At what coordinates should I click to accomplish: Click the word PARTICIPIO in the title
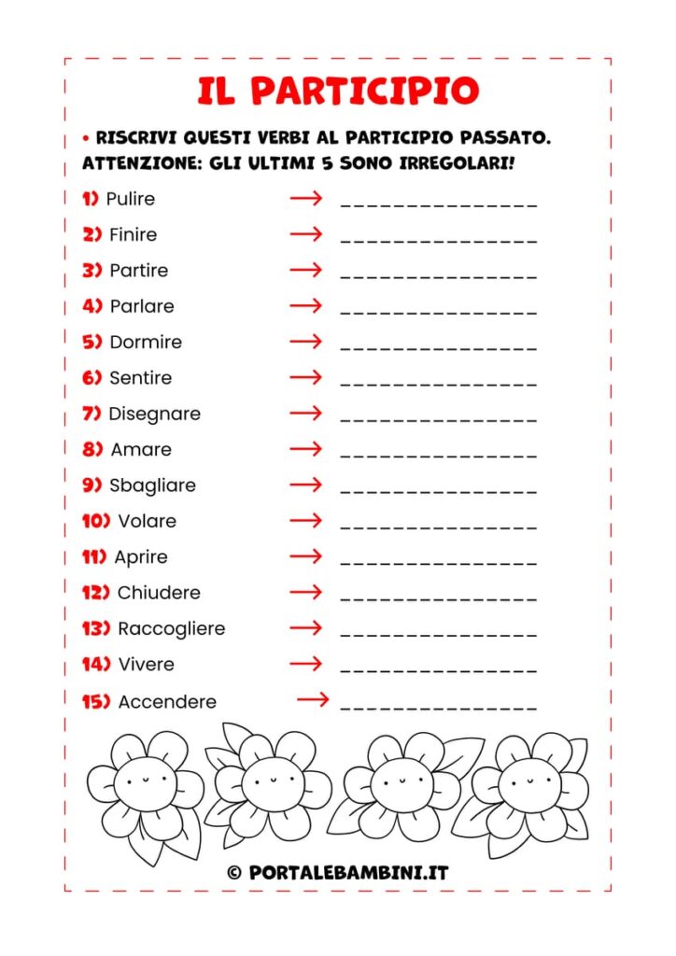(x=365, y=91)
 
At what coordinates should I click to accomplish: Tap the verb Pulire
(x=131, y=199)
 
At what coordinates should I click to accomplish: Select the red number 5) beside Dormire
(x=92, y=342)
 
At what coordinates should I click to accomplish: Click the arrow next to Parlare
(x=305, y=305)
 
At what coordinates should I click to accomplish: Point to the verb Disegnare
(x=154, y=414)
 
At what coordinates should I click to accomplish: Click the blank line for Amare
(x=439, y=454)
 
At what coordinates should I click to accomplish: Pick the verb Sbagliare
(x=152, y=485)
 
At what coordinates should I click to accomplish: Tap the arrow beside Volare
(x=305, y=520)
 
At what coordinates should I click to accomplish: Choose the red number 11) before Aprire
(x=94, y=556)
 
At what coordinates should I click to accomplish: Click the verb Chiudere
(x=159, y=593)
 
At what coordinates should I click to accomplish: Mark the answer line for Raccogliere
(x=439, y=633)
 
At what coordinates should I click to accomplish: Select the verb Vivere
(x=146, y=665)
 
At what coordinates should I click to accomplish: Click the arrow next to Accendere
(x=313, y=699)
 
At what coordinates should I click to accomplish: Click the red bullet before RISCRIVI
(x=86, y=138)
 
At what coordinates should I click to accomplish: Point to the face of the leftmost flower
(x=145, y=776)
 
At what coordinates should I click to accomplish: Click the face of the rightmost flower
(x=528, y=774)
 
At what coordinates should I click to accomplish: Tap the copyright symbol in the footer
(x=234, y=873)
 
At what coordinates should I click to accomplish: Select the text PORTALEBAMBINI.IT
(x=349, y=873)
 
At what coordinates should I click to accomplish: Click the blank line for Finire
(x=439, y=239)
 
